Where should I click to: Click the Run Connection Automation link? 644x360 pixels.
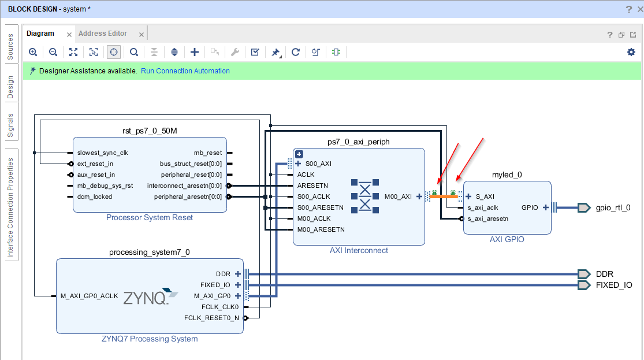[185, 71]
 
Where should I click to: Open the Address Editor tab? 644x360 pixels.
[103, 34]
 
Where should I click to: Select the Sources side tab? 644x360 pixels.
[10, 47]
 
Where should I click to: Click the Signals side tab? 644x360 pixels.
[10, 125]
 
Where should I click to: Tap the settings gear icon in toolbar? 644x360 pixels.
[631, 52]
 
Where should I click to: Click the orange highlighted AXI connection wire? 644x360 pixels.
[444, 196]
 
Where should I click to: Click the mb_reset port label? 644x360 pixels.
[207, 153]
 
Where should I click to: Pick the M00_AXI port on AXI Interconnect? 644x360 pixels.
[399, 196]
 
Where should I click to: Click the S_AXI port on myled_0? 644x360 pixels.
[485, 196]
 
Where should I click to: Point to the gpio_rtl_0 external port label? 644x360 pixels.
[613, 207]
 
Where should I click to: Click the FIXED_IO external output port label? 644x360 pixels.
[613, 285]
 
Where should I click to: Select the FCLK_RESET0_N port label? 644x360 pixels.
[211, 318]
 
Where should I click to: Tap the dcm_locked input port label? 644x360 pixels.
[95, 196]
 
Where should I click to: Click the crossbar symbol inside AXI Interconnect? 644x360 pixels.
[364, 196]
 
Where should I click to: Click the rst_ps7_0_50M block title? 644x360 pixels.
[149, 131]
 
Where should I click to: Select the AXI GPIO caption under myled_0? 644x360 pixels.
[507, 239]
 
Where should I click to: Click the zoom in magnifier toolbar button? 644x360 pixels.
[33, 52]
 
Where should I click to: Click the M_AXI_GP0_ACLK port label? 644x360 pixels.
[89, 296]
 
